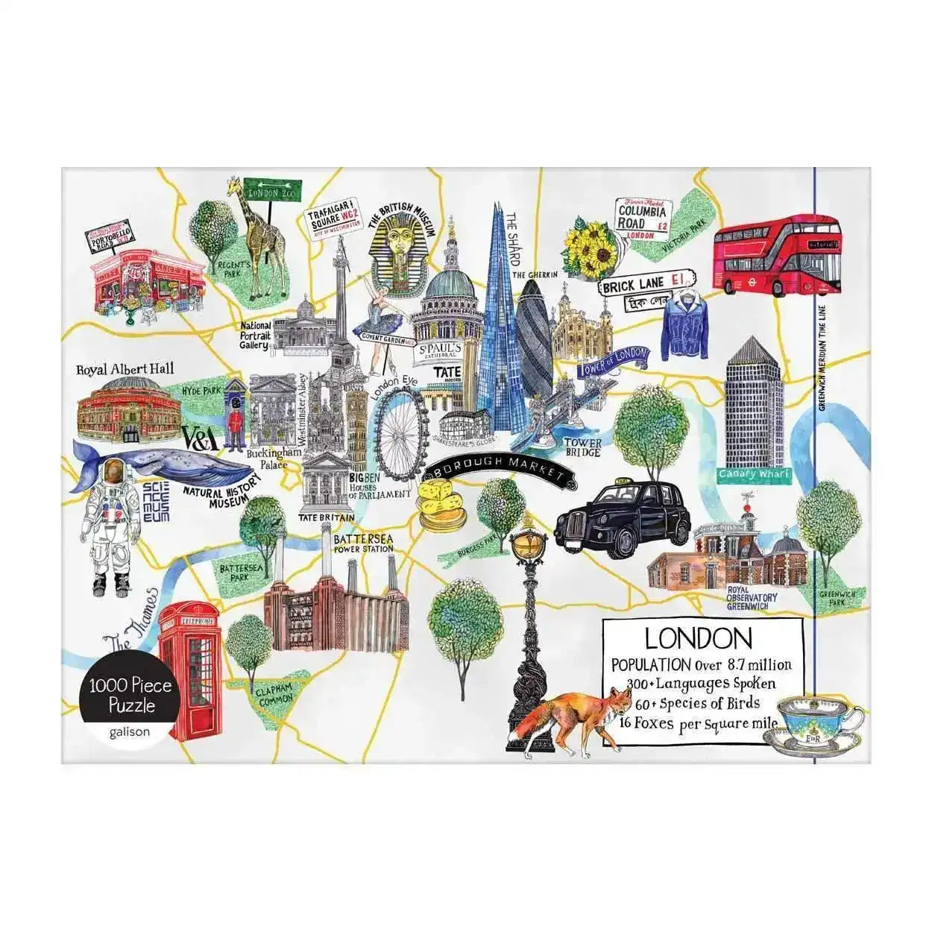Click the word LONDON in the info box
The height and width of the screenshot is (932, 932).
tap(698, 638)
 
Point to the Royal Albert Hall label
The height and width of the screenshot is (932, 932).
tap(125, 368)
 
